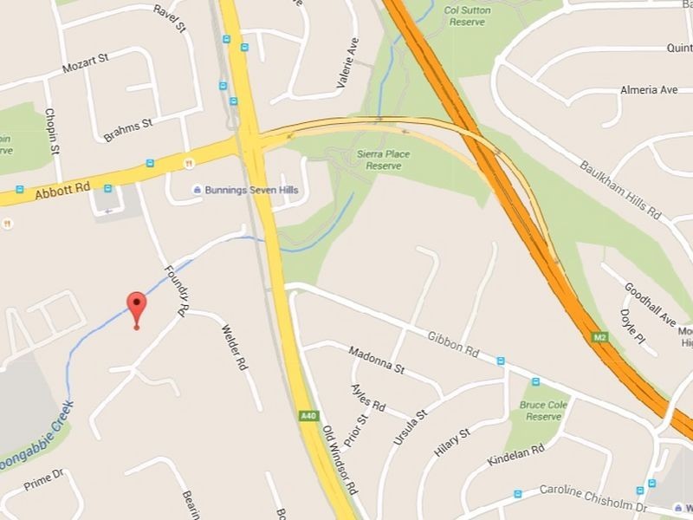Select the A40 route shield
308,416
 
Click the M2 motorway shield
600,335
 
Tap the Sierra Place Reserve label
384,159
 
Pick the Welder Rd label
234,348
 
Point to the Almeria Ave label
649,90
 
